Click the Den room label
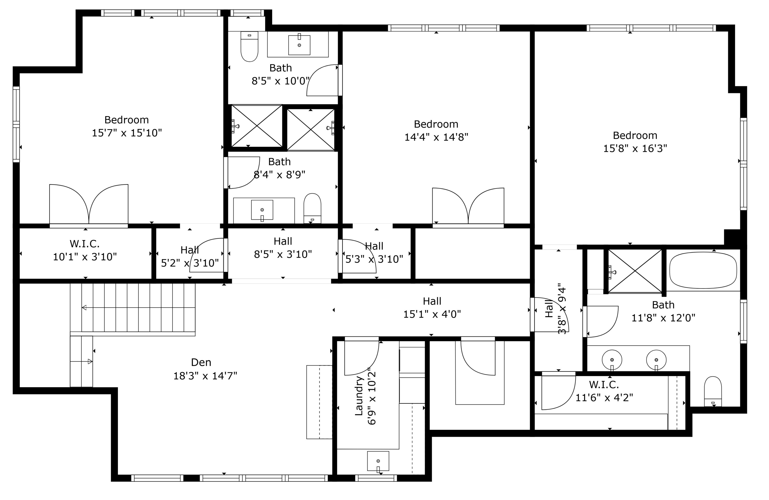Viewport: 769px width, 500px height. click(x=201, y=362)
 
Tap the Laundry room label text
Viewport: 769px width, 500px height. click(x=359, y=396)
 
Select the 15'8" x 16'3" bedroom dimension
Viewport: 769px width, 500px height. click(x=635, y=148)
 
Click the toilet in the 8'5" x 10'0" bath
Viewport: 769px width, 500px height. click(x=249, y=47)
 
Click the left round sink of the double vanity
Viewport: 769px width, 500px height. click(x=612, y=360)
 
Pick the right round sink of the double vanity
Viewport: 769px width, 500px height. click(x=656, y=360)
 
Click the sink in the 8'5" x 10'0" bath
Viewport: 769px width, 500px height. click(x=299, y=45)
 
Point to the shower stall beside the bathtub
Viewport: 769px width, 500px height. click(x=635, y=271)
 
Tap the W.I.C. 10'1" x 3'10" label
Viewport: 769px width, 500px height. click(x=85, y=250)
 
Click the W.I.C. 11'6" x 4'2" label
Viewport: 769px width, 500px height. click(x=604, y=391)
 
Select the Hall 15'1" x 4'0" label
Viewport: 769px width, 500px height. click(x=432, y=307)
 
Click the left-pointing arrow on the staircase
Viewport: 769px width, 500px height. click(x=84, y=308)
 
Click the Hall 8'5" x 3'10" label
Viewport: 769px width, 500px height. click(x=283, y=248)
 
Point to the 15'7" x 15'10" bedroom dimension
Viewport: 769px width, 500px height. click(x=127, y=133)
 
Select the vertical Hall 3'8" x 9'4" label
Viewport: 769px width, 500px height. click(x=555, y=309)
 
